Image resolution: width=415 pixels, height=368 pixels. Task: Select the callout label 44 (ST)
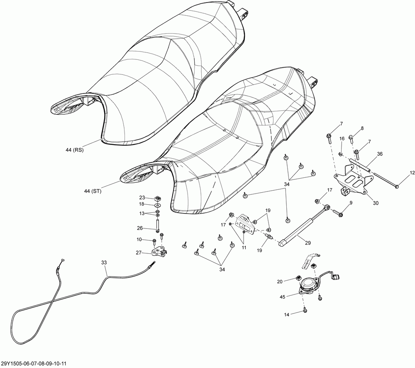click(x=93, y=191)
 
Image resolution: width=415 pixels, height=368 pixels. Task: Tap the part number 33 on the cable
click(x=104, y=263)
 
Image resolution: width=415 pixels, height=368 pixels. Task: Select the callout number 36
click(x=379, y=154)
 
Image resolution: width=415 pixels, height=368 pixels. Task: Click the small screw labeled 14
click(x=305, y=309)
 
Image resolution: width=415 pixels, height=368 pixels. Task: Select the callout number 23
click(x=142, y=198)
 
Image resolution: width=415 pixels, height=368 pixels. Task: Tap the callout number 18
click(x=142, y=204)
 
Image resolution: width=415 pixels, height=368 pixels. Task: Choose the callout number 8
click(x=362, y=129)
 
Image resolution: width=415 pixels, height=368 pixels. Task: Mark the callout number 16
click(x=342, y=139)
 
